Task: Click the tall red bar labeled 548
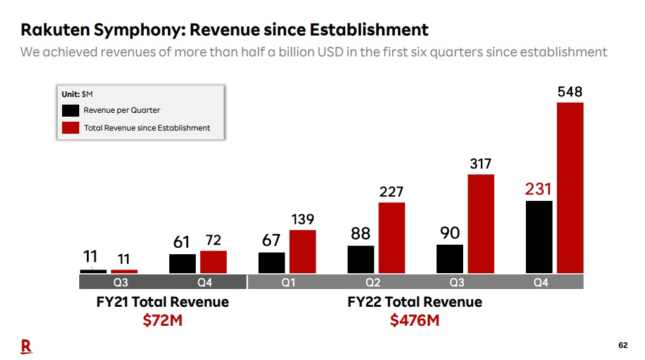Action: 570,188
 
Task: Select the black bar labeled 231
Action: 539,237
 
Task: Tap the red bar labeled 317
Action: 481,224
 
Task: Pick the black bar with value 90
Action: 450,259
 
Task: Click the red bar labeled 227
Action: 392,238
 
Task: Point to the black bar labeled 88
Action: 361,259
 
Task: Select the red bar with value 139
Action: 302,252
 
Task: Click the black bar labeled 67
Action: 272,262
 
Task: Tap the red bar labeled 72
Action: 214,262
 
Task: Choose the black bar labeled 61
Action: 182,264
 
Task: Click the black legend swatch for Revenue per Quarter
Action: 71,110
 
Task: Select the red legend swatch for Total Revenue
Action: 71,127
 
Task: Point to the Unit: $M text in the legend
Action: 77,94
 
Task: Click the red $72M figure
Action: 162,320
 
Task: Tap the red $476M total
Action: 414,320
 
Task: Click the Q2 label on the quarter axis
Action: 373,283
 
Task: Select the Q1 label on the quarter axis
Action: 288,283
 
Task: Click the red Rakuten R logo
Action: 26,345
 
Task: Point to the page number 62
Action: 623,345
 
